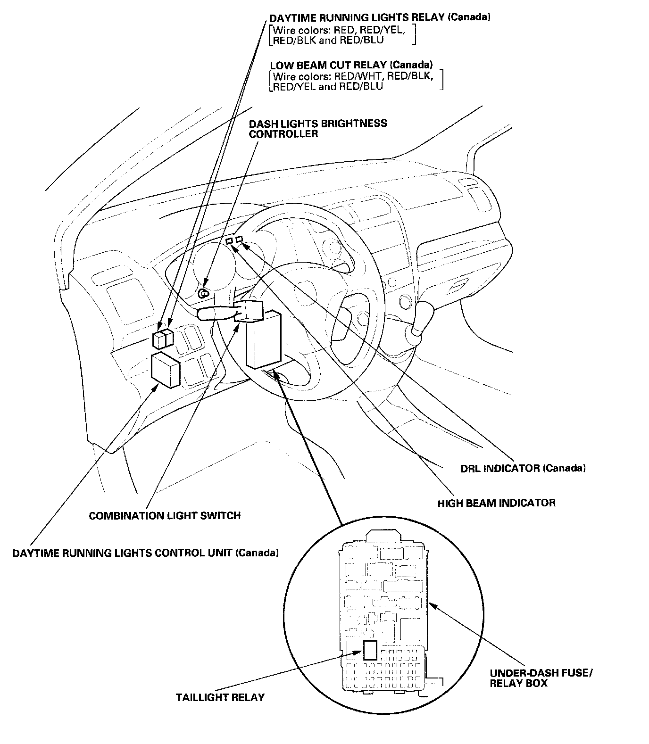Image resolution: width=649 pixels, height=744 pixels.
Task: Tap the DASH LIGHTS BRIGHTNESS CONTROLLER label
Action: coord(318,128)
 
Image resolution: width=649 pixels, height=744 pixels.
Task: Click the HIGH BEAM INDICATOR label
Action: coord(496,503)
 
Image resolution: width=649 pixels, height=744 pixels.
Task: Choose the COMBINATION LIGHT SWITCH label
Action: coord(165,515)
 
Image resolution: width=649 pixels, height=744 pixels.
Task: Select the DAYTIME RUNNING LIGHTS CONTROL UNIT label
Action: coord(145,552)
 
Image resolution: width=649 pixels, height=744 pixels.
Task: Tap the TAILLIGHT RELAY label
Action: coord(220,697)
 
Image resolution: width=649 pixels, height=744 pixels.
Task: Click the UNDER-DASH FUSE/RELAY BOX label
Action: coord(541,678)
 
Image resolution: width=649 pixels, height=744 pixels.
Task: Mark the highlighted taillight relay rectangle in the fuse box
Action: coord(370,650)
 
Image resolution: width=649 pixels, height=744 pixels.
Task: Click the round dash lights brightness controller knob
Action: coord(204,294)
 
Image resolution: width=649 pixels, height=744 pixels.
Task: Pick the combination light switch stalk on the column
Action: coord(217,314)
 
